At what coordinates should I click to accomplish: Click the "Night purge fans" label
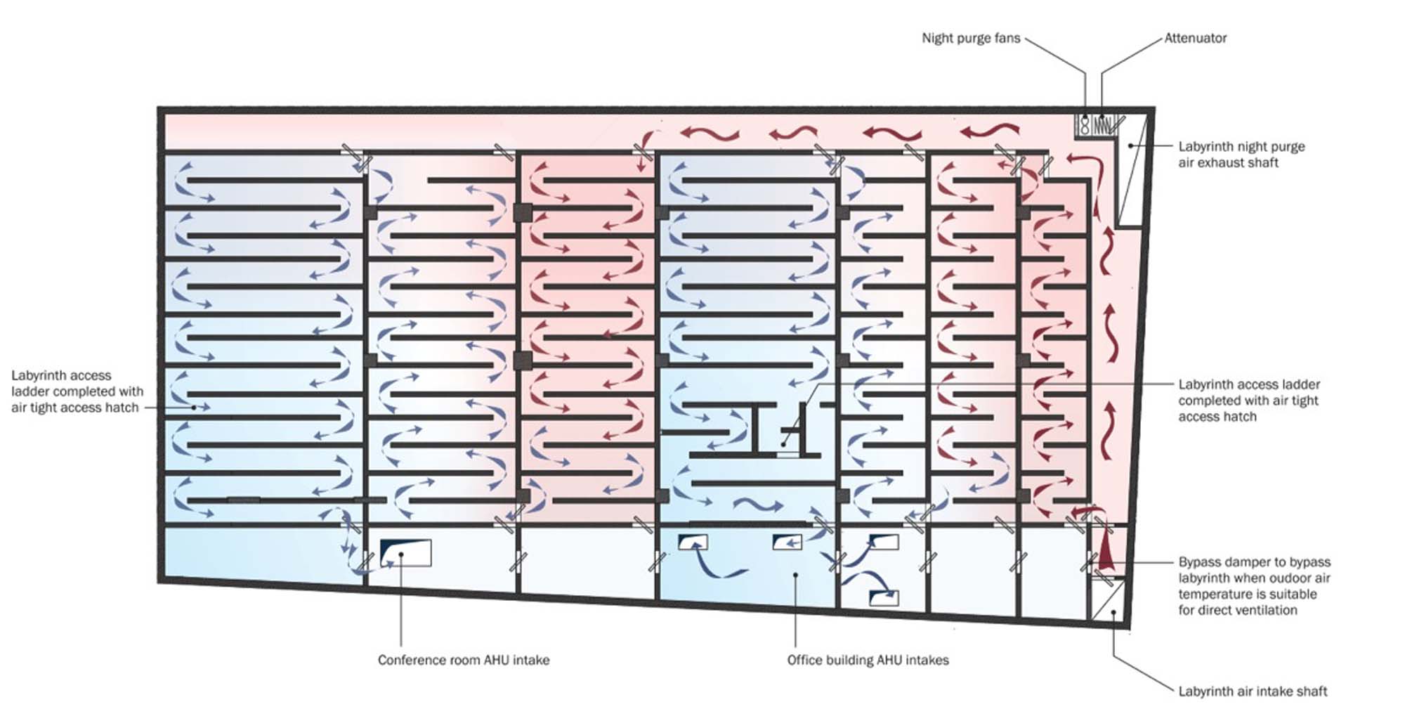(x=971, y=38)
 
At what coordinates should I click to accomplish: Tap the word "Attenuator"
(x=1196, y=38)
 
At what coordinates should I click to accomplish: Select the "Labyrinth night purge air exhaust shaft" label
(x=1241, y=155)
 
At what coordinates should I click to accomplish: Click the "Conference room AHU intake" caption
(x=464, y=660)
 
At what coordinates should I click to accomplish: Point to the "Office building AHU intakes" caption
(x=868, y=660)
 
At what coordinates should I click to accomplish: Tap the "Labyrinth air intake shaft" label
(x=1253, y=691)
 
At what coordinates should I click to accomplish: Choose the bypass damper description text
(x=1254, y=586)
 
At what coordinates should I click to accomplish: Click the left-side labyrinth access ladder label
(x=77, y=391)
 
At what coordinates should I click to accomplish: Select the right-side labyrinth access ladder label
(x=1248, y=401)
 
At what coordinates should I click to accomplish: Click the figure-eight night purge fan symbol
(x=1085, y=126)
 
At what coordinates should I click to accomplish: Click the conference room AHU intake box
(x=405, y=553)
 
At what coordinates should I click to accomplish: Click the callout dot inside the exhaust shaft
(x=1130, y=145)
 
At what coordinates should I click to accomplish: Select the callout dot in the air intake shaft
(x=1113, y=613)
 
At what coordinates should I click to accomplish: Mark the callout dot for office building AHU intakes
(x=795, y=575)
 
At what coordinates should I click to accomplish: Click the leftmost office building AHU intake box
(x=693, y=542)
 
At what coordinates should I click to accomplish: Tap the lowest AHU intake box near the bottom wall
(x=884, y=597)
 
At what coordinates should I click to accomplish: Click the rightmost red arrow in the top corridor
(x=990, y=131)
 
